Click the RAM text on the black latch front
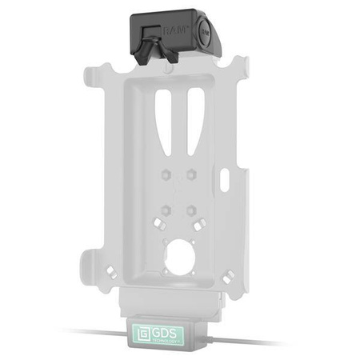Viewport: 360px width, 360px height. coord(174,30)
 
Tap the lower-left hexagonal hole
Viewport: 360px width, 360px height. coord(163,210)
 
